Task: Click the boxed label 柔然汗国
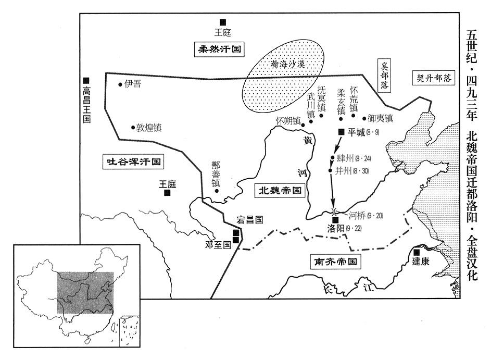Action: pyautogui.click(x=220, y=49)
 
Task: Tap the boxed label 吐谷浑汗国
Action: pyautogui.click(x=134, y=162)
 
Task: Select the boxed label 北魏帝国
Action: pyautogui.click(x=280, y=190)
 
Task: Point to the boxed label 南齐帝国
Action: pyautogui.click(x=335, y=262)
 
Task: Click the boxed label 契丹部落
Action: pyautogui.click(x=434, y=78)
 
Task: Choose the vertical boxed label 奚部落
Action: pyautogui.click(x=384, y=75)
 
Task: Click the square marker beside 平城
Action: pyautogui.click(x=342, y=132)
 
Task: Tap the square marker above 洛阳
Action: pyautogui.click(x=335, y=220)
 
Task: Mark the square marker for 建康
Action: pyautogui.click(x=417, y=252)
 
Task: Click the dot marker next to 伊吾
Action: pyautogui.click(x=120, y=84)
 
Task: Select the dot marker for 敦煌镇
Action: pyautogui.click(x=133, y=128)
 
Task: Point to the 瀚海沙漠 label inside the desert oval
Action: pyautogui.click(x=287, y=65)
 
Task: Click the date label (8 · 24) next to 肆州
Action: pyautogui.click(x=363, y=158)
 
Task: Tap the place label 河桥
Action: pyautogui.click(x=357, y=215)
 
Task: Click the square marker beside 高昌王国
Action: pyautogui.click(x=86, y=81)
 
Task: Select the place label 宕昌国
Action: pyautogui.click(x=249, y=220)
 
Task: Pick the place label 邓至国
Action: pyautogui.click(x=218, y=245)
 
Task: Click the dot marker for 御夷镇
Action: pyautogui.click(x=364, y=118)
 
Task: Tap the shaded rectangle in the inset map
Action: pyautogui.click(x=85, y=293)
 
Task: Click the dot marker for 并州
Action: pyautogui.click(x=330, y=170)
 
